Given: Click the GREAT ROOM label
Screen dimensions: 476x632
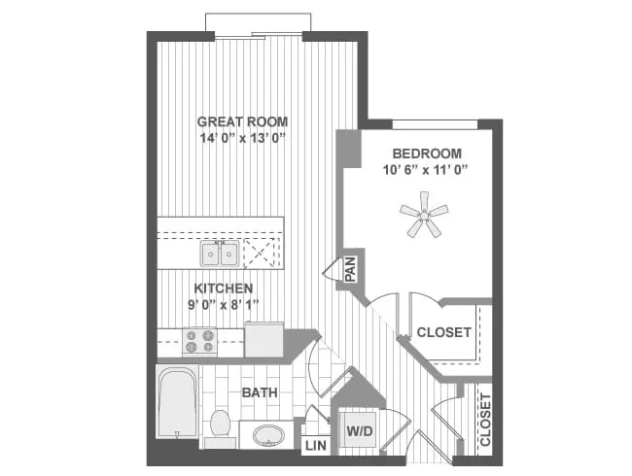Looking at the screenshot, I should pos(242,121).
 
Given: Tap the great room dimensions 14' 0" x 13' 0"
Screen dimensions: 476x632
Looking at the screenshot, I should pos(242,138).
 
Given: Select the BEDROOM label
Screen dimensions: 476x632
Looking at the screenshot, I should pos(427,153).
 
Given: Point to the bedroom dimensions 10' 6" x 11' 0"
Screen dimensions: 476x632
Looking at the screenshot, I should pos(427,170).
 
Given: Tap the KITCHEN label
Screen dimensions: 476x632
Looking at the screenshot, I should pos(224,289).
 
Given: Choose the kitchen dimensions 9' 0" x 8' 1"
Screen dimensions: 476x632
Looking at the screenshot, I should pos(224,305).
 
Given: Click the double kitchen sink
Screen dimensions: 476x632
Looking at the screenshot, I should pos(220,254).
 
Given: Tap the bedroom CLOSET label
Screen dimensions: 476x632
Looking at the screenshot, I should pos(443,332).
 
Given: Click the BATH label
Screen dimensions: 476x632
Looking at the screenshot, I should pos(260,393).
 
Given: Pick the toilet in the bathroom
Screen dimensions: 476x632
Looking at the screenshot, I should pos(219,425).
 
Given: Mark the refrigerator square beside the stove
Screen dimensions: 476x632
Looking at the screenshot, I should pos(263,340).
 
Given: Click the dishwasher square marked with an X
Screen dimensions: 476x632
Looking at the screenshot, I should pos(263,254).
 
